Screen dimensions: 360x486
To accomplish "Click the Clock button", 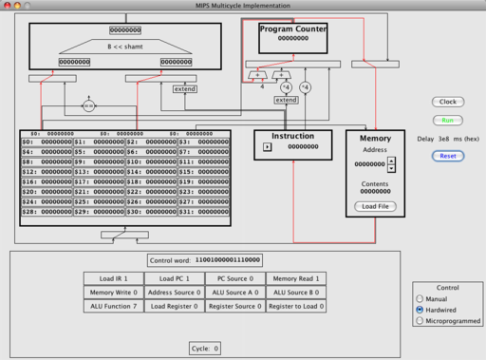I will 447,101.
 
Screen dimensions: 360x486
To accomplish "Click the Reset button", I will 447,156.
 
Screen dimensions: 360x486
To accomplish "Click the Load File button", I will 376,206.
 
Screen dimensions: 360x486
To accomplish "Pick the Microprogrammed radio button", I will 421,321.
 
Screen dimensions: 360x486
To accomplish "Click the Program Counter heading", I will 292,29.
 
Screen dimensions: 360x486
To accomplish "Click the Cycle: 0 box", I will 204,349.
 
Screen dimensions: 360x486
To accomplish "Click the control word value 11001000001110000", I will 228,259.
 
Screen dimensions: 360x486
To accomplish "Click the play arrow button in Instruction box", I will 267,147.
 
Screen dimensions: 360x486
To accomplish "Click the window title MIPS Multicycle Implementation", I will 243,7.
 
